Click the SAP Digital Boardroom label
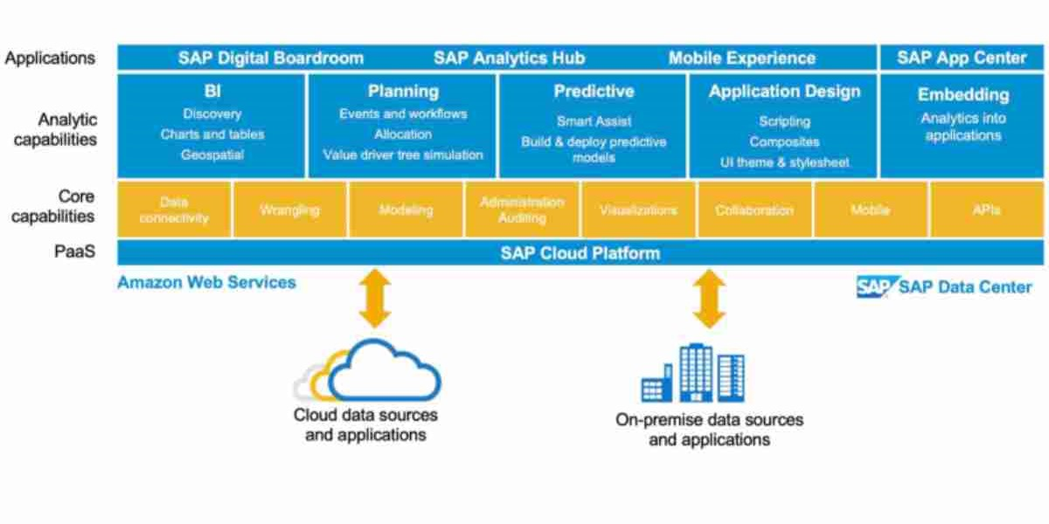point(270,59)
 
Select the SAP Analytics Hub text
point(509,59)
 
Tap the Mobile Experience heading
point(741,59)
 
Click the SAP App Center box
point(962,59)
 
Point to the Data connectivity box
point(174,210)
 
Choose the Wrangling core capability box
point(289,210)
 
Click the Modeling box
point(406,210)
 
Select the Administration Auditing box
point(522,210)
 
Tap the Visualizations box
point(638,210)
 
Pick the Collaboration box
point(754,210)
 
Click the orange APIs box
point(986,210)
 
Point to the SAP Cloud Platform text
point(580,253)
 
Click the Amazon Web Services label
point(206,282)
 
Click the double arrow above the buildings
point(708,300)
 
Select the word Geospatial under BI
point(212,155)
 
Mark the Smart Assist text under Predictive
point(594,122)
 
